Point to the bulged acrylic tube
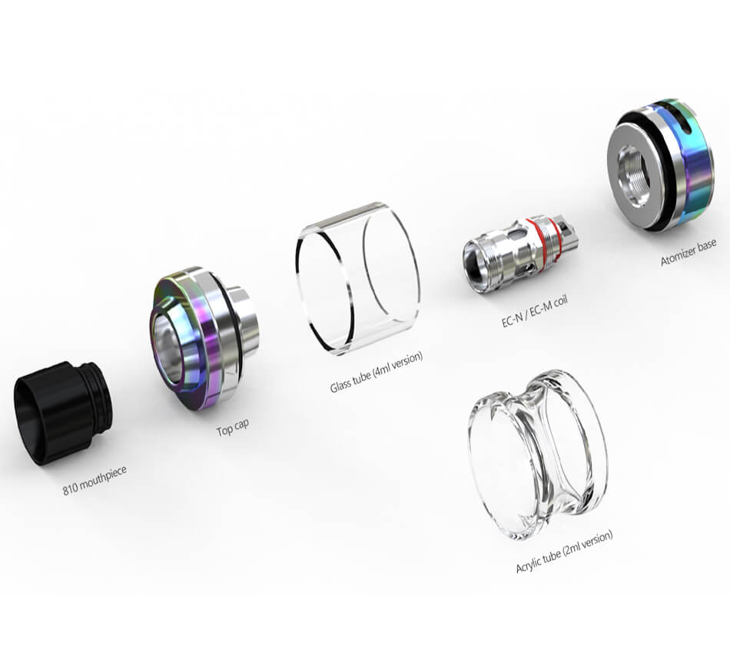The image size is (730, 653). click(538, 455)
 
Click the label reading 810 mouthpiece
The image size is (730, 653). click(95, 480)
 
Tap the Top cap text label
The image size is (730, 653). click(233, 427)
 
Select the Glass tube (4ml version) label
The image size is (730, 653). click(377, 372)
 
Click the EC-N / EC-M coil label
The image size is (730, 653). click(535, 311)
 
